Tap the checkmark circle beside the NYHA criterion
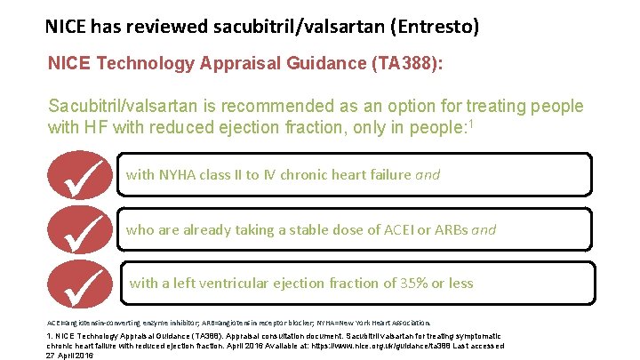85,175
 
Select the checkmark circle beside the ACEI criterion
85,228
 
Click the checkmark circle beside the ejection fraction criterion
85,283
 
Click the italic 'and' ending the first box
428,175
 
